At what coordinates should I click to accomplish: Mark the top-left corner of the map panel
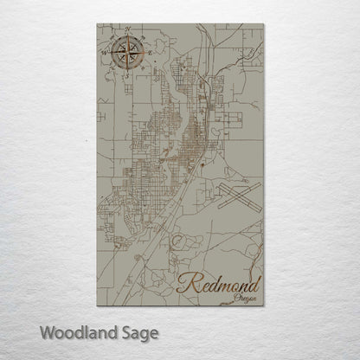click(x=98, y=24)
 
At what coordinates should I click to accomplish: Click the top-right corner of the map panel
click(x=262, y=24)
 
